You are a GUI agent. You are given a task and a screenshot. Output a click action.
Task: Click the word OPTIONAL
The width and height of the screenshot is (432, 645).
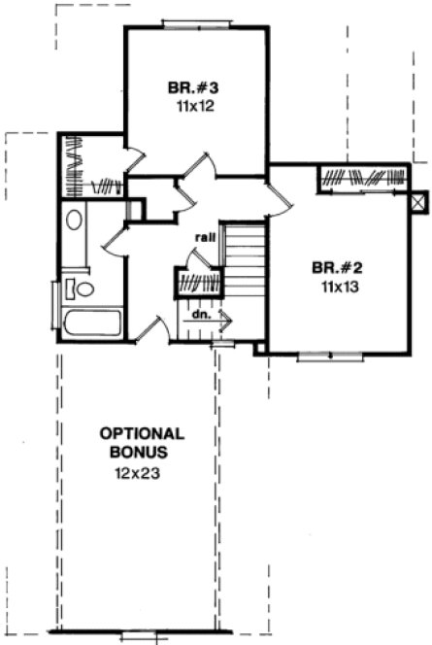(x=142, y=433)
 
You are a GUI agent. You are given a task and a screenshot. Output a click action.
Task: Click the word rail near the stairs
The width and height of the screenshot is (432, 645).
(x=204, y=236)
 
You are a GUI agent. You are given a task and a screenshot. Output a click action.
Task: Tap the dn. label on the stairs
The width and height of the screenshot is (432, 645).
(x=200, y=315)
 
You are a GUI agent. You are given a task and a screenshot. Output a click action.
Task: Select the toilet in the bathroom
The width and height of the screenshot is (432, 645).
(x=82, y=289)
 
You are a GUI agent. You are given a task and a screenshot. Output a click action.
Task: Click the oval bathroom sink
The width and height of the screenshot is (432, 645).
(x=75, y=220)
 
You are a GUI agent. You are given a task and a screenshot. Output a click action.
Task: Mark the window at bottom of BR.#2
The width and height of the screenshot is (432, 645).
(x=330, y=356)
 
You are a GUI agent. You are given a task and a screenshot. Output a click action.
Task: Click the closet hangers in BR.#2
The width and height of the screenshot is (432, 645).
(x=361, y=179)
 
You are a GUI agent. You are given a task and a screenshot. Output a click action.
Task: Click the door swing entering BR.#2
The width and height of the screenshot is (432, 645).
(x=281, y=200)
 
